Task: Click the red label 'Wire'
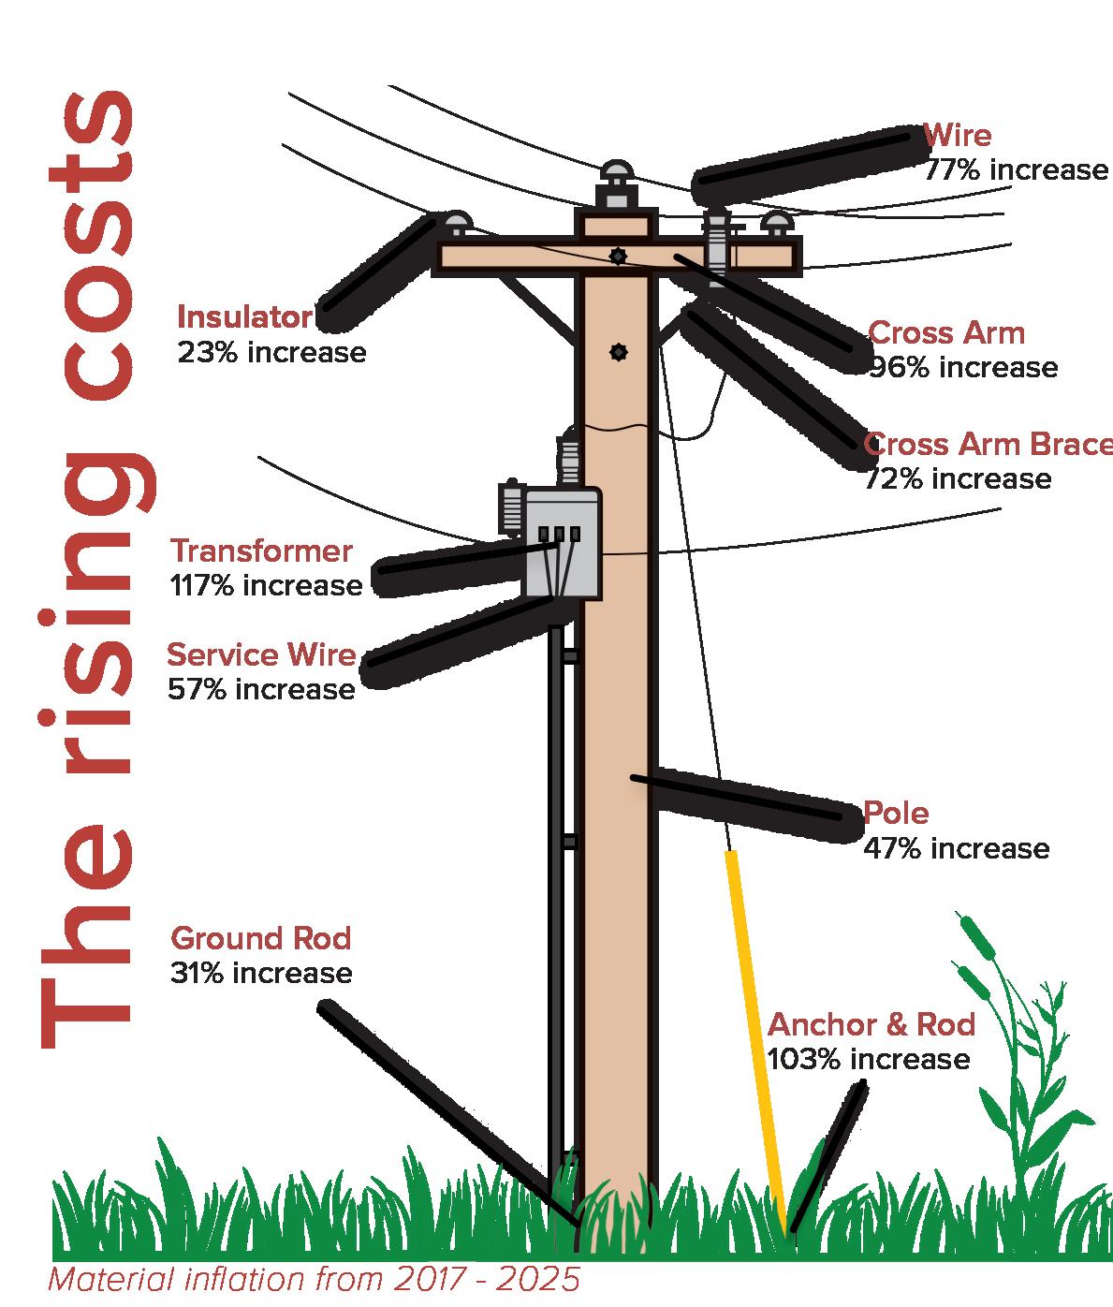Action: click(957, 136)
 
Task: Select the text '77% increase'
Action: click(1016, 170)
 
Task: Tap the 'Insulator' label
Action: click(244, 317)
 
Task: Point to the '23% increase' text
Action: click(271, 353)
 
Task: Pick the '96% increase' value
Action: click(964, 368)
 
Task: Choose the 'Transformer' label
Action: click(261, 551)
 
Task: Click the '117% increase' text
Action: click(266, 586)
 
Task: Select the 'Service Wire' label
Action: click(261, 654)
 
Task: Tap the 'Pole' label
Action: click(896, 813)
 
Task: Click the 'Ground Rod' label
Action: click(260, 938)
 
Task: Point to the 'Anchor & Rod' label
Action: click(871, 1024)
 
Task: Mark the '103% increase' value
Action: click(869, 1060)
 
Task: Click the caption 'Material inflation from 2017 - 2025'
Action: click(314, 1280)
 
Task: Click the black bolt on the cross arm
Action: click(617, 255)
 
